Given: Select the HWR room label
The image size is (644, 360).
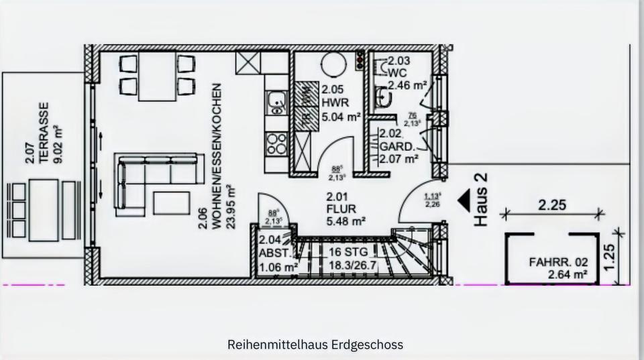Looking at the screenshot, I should pos(333,103).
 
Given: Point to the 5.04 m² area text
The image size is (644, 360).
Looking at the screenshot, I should pos(341,116).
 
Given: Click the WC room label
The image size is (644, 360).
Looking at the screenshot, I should pos(398,72).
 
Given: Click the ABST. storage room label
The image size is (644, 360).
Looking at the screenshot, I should pos(275,253).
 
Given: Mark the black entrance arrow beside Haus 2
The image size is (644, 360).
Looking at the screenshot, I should pos(463,200).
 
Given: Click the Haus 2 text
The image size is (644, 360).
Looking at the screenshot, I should pos(480,200).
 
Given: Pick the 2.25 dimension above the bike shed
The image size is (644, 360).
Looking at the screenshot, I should pos(552,205).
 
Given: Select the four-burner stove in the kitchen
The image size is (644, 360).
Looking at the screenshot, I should pos(276,143).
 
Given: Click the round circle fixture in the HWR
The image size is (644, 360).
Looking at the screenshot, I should pos(333,64).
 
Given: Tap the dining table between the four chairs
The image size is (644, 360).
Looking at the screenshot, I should pos(157,75).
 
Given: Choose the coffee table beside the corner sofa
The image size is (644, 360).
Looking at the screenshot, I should pos(171,202).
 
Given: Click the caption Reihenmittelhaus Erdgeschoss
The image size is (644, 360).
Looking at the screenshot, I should pos(315,345).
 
